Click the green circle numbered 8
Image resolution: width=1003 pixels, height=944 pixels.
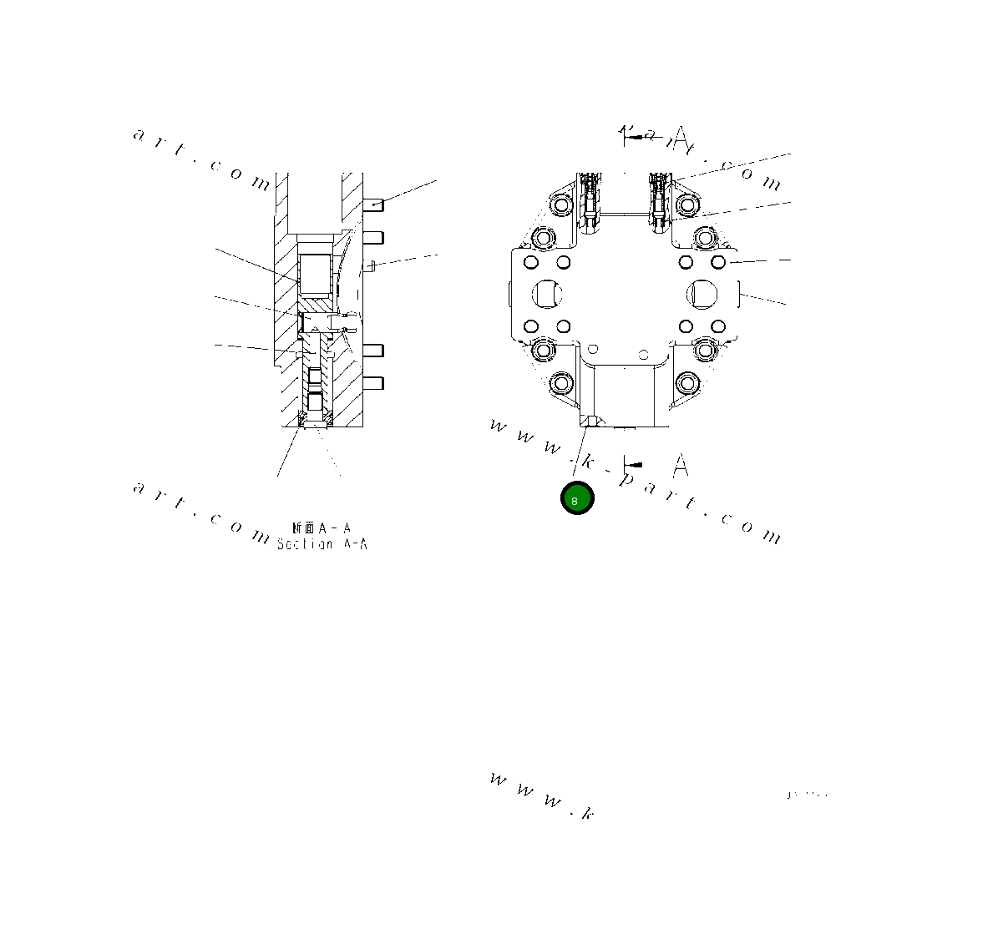click(576, 499)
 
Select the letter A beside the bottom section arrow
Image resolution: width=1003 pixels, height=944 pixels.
click(681, 465)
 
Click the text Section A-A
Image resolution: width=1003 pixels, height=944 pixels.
click(322, 544)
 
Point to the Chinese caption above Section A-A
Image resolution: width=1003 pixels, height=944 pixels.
click(322, 528)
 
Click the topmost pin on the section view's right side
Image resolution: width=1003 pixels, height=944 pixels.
click(373, 203)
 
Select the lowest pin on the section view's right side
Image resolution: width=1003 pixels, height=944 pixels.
click(373, 383)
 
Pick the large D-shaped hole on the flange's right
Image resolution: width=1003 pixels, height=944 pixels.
click(702, 294)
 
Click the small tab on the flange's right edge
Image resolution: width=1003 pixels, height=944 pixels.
click(740, 294)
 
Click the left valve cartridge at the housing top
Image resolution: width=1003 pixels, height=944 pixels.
click(590, 200)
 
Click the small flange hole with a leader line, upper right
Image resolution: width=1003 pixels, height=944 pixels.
click(717, 263)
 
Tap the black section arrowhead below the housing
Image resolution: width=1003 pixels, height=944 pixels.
click(636, 464)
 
